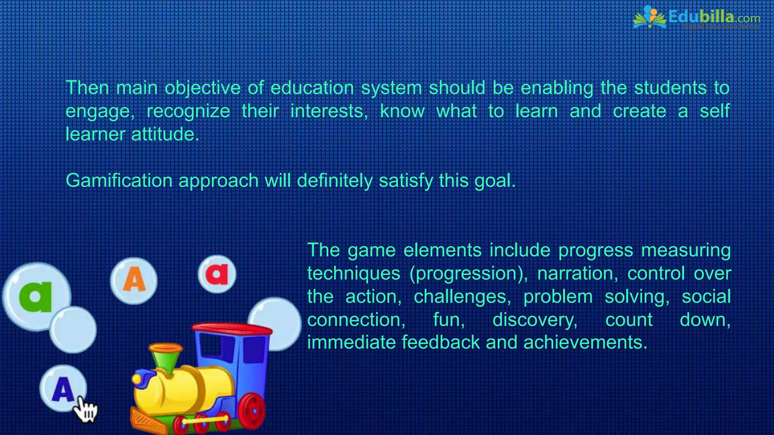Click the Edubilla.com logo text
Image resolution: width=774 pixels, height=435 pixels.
pos(714,17)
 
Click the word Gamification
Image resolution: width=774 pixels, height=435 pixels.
pos(119,180)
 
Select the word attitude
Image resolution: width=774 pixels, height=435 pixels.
pos(165,134)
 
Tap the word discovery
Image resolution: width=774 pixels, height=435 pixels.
pos(535,320)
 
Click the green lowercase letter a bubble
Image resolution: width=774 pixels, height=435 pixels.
pos(36,296)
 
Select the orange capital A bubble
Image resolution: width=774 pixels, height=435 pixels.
pos(134,280)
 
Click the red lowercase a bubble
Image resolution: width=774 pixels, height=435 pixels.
pos(217,274)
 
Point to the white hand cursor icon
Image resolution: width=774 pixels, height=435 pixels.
pos(85,410)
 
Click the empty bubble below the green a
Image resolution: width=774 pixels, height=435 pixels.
pos(73,329)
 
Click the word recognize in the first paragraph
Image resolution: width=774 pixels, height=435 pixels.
pos(188,111)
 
